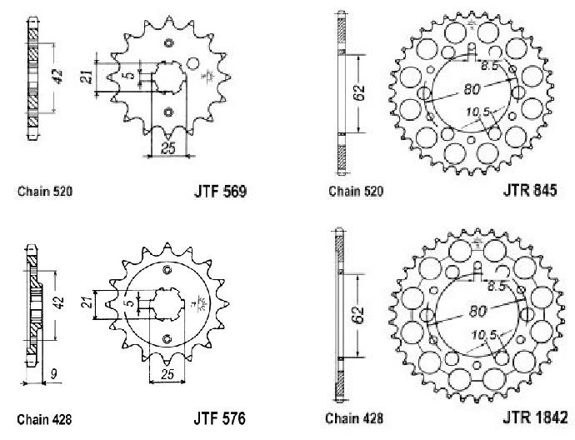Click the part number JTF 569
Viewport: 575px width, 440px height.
(216, 192)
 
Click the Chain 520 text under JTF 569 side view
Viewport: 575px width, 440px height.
(45, 192)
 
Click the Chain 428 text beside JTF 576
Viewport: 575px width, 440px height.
(45, 416)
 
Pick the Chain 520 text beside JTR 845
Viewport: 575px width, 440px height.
(356, 192)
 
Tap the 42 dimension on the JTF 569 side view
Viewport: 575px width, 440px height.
(55, 77)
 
